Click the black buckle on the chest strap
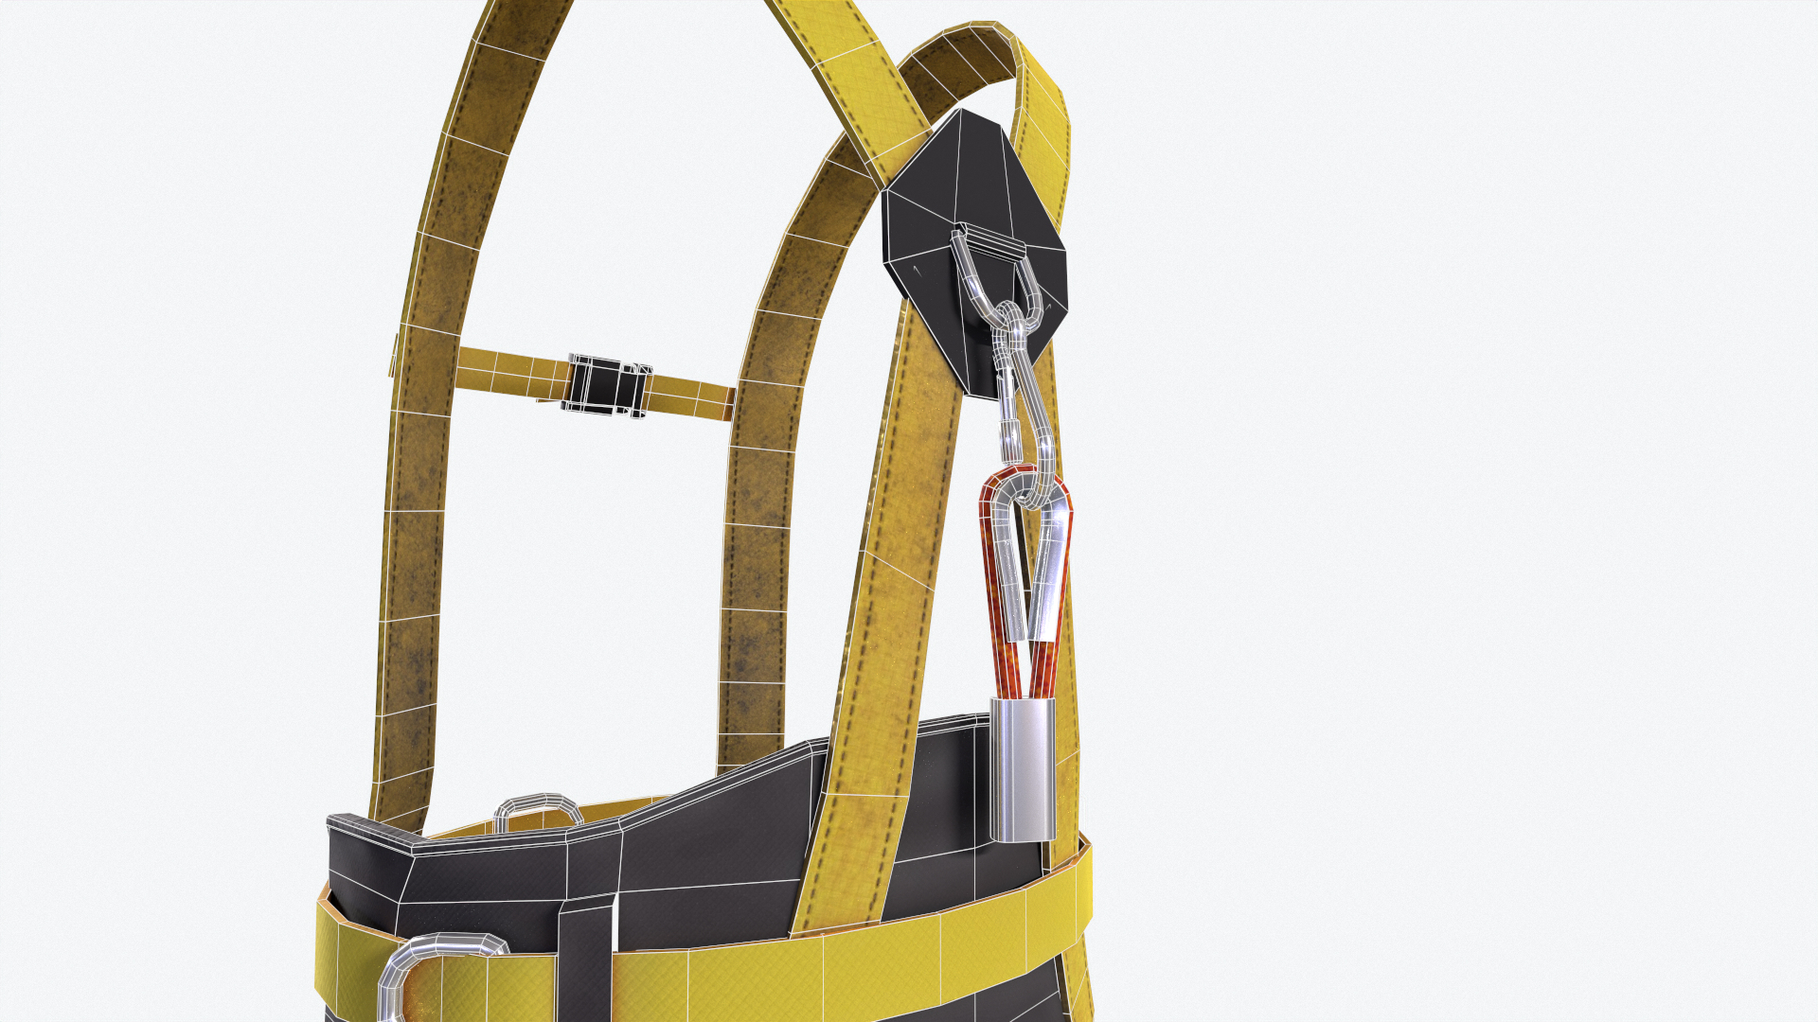606,385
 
